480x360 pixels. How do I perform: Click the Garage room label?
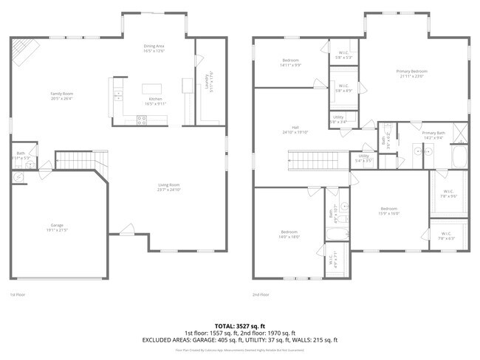[x=58, y=227]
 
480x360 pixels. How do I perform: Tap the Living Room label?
[x=169, y=187]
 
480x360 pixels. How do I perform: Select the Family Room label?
[x=62, y=96]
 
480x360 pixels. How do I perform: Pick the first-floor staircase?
[x=77, y=159]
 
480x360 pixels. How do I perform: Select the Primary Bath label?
[x=432, y=135]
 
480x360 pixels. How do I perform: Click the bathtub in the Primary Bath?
[x=459, y=156]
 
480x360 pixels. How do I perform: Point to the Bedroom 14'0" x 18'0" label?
[x=289, y=235]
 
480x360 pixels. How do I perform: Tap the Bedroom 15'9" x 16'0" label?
[x=389, y=211]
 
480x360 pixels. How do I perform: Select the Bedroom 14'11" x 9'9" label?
[x=291, y=63]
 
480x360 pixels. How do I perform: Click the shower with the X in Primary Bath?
[x=459, y=134]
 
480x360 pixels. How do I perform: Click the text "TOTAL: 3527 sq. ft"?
[x=240, y=325]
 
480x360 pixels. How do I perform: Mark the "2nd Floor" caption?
[x=261, y=294]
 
